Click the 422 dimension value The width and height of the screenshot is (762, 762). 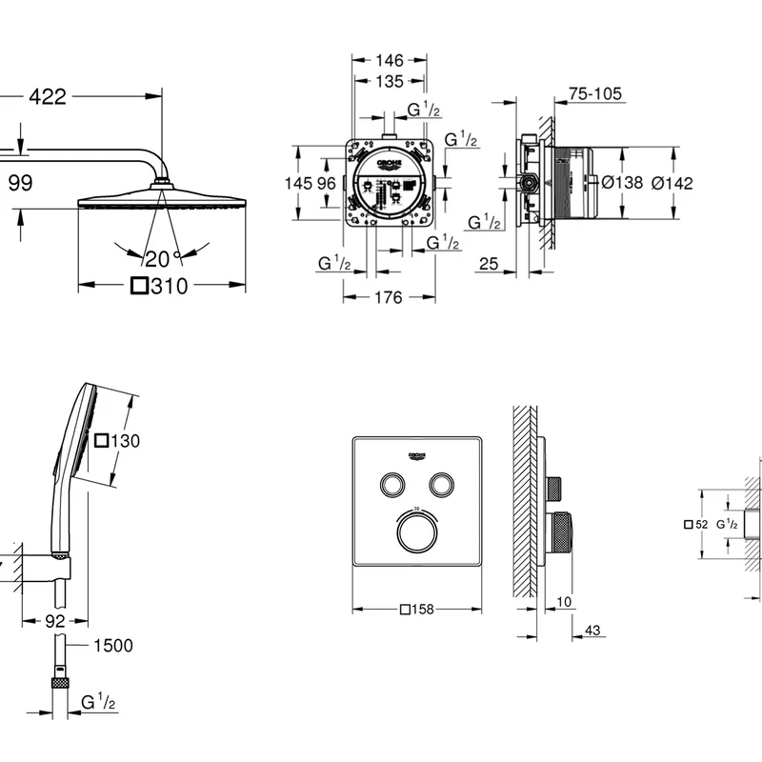click(x=48, y=96)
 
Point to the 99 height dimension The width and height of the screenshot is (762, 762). click(x=20, y=183)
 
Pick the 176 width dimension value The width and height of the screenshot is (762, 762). click(x=388, y=298)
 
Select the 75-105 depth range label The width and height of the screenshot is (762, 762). click(x=594, y=93)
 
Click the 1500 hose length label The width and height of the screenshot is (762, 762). click(x=112, y=646)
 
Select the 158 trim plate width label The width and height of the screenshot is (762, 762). click(x=419, y=610)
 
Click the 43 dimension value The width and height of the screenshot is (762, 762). click(x=592, y=631)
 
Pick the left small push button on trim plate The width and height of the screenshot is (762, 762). click(x=391, y=485)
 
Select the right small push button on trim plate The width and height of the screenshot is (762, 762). click(x=440, y=485)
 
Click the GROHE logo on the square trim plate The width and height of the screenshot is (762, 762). click(x=420, y=455)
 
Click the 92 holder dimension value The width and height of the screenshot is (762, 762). click(x=55, y=621)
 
